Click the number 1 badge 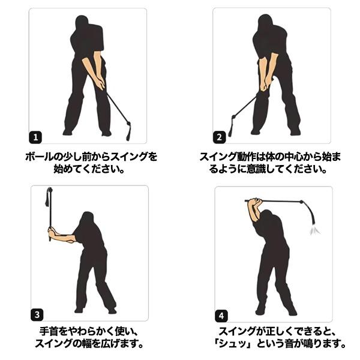click(37, 137)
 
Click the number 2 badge click(220, 137)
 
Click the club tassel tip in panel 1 click(127, 128)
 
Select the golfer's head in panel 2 click(266, 24)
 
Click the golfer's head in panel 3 click(86, 220)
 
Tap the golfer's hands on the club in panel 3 click(50, 232)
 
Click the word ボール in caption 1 click(38, 157)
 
